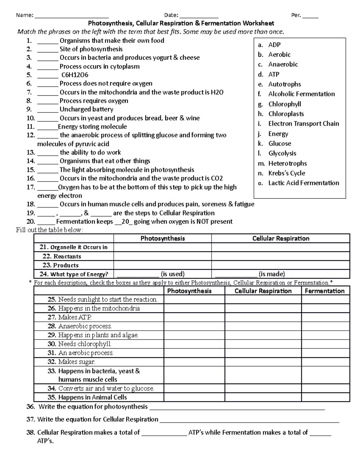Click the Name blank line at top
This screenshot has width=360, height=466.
click(72, 16)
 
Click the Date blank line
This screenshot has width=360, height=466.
click(199, 16)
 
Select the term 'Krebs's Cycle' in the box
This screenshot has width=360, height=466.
click(286, 173)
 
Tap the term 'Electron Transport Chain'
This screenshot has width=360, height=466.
click(304, 124)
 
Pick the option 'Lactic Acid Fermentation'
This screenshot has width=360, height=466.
click(304, 183)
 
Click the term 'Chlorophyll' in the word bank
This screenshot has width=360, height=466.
click(285, 104)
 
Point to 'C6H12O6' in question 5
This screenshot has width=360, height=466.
click(75, 75)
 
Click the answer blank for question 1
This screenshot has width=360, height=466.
click(47, 41)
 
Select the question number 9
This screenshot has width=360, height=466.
click(29, 109)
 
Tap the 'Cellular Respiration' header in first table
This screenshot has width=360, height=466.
click(280, 239)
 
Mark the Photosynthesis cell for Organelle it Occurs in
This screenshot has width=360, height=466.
click(162, 247)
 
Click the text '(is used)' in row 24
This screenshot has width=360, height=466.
click(172, 274)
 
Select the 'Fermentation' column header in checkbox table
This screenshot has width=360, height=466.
click(325, 291)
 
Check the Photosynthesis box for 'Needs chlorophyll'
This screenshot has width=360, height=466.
click(194, 344)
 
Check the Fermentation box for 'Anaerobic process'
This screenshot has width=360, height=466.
click(325, 326)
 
